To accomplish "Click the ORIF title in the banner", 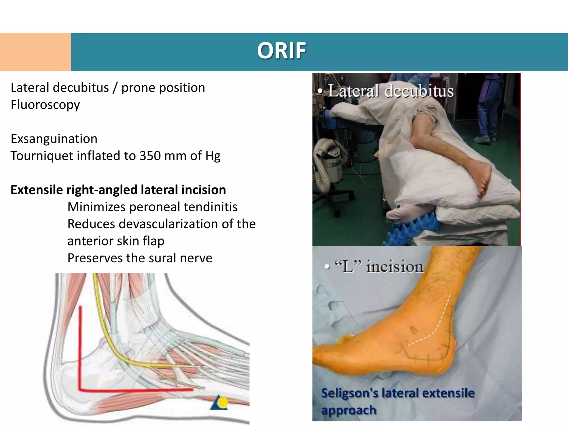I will point(282,51).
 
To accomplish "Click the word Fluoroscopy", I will point(45,105).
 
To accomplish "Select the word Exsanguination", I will point(54,139).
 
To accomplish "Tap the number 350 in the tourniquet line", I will point(150,156).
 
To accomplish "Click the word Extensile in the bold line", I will point(37,190).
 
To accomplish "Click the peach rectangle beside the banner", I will point(35,52).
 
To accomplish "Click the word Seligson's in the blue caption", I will point(349,393).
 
